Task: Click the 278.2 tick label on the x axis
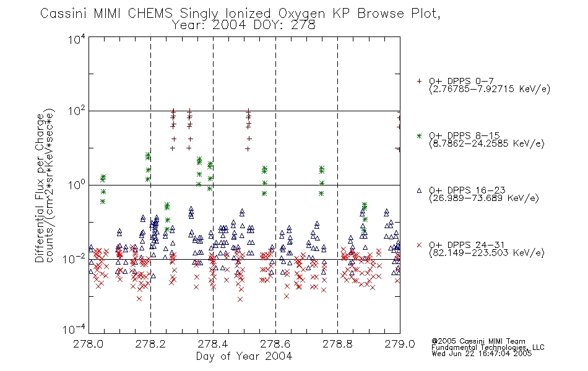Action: tap(151, 344)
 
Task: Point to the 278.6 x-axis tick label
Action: tap(275, 344)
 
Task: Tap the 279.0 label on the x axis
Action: tap(400, 344)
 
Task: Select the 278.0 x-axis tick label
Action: tap(89, 344)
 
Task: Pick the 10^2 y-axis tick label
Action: tap(77, 112)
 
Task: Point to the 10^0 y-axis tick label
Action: tap(77, 185)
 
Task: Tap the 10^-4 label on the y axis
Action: tap(74, 329)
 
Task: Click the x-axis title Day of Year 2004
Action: tap(244, 356)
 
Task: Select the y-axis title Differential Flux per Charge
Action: tap(40, 188)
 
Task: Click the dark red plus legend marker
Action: tap(419, 81)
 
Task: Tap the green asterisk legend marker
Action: tap(419, 136)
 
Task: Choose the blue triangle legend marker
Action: tap(419, 190)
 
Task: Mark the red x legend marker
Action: tap(419, 245)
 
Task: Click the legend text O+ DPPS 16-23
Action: tap(467, 190)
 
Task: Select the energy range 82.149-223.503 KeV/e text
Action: tap(486, 253)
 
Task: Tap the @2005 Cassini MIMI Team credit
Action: tap(478, 341)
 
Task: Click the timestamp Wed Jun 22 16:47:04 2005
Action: tap(482, 354)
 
